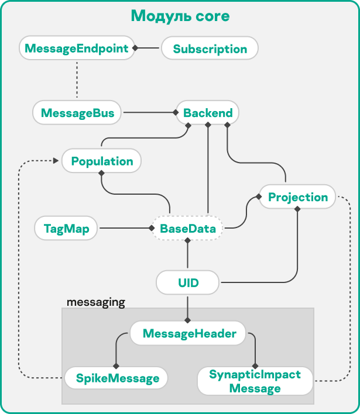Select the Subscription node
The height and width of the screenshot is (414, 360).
(210, 49)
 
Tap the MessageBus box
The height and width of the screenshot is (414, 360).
(77, 112)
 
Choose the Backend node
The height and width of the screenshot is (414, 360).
(208, 112)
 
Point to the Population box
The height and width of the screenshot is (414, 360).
(102, 161)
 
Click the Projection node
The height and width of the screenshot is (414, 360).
(297, 197)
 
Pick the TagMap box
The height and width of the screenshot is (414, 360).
(66, 229)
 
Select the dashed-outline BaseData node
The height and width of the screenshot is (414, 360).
(188, 229)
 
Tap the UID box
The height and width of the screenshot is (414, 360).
(188, 284)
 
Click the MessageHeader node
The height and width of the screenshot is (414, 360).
(189, 334)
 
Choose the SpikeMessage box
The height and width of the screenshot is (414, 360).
(117, 378)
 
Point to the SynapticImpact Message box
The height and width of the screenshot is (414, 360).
(255, 381)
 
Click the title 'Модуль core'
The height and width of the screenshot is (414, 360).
(180, 16)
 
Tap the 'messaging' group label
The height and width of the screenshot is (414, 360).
(96, 302)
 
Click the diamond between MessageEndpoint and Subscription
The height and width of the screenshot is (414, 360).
(135, 49)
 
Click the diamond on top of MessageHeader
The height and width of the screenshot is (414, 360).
(188, 320)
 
